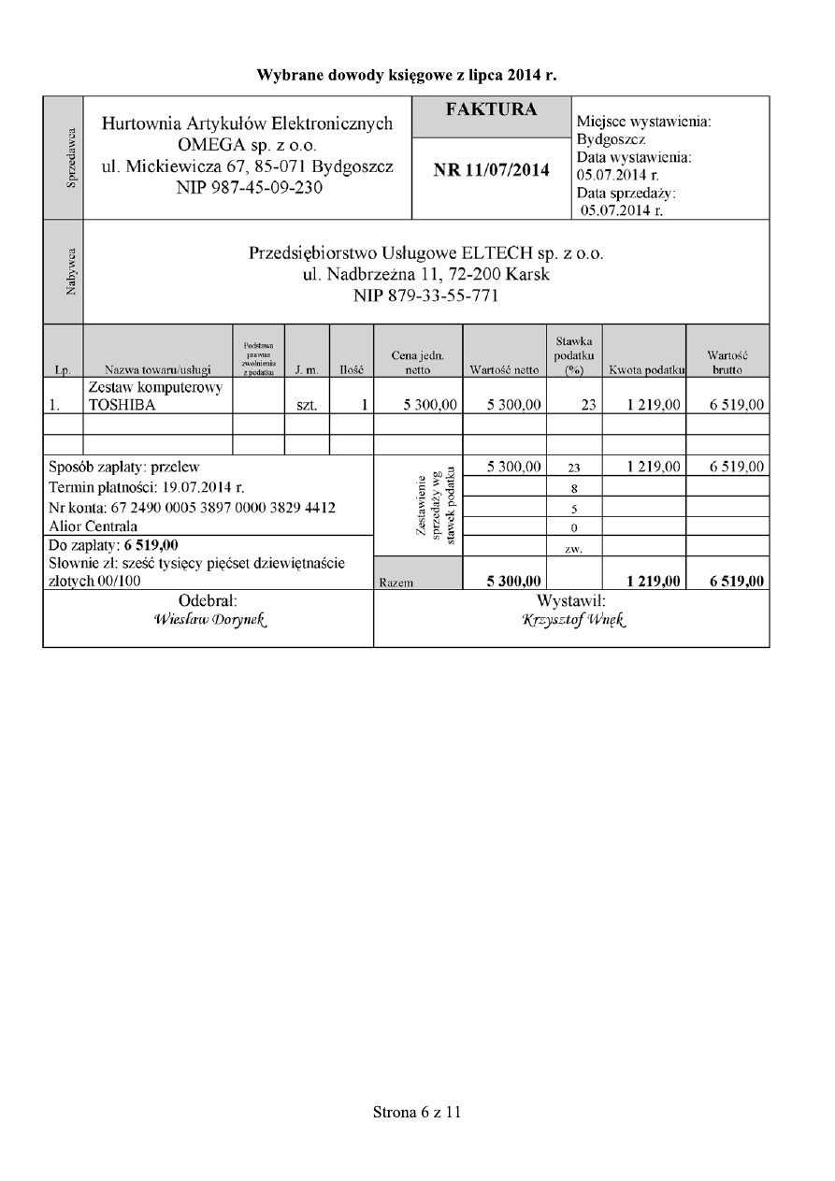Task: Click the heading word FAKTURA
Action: pyautogui.click(x=491, y=109)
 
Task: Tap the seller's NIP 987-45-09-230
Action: pyautogui.click(x=247, y=187)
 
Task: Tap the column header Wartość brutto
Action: pyautogui.click(x=727, y=363)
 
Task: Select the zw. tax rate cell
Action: pyautogui.click(x=573, y=546)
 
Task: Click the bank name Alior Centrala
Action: pyautogui.click(x=94, y=526)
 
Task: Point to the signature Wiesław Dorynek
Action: pyautogui.click(x=208, y=618)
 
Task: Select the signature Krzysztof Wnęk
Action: pyautogui.click(x=572, y=618)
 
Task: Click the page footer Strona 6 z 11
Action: pyautogui.click(x=417, y=1112)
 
